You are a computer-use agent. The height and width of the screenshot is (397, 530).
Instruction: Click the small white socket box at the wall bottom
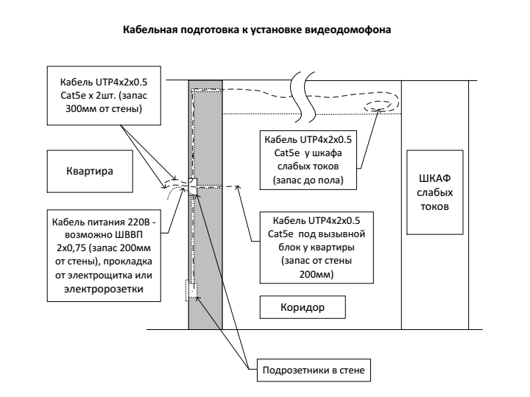[192, 291]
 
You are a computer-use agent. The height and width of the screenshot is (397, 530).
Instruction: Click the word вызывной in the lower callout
[347, 233]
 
